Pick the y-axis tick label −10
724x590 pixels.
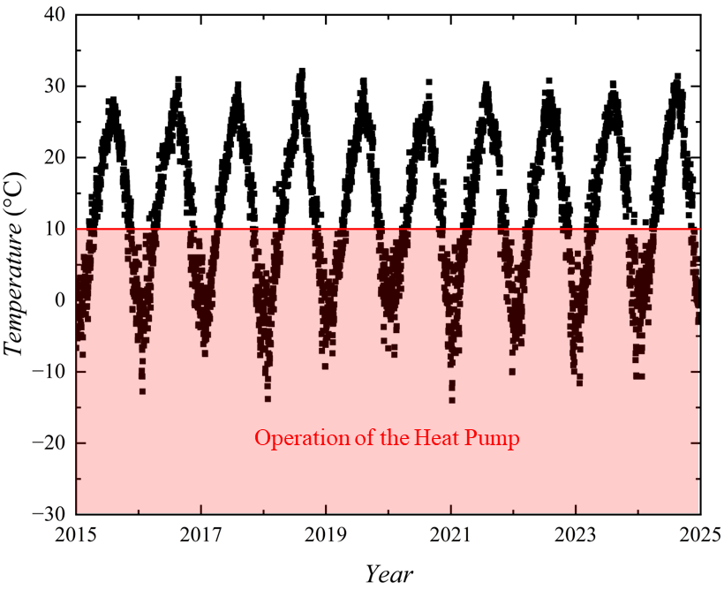click(x=49, y=372)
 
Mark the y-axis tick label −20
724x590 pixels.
click(x=49, y=442)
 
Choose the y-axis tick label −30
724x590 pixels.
click(x=49, y=514)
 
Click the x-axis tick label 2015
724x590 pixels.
click(x=78, y=534)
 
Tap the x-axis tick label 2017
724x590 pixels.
click(x=201, y=534)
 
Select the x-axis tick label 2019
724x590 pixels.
click(x=326, y=534)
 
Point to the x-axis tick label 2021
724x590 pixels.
click(x=450, y=534)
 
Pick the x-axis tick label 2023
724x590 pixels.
click(x=575, y=534)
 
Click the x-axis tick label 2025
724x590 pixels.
click(x=698, y=534)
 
